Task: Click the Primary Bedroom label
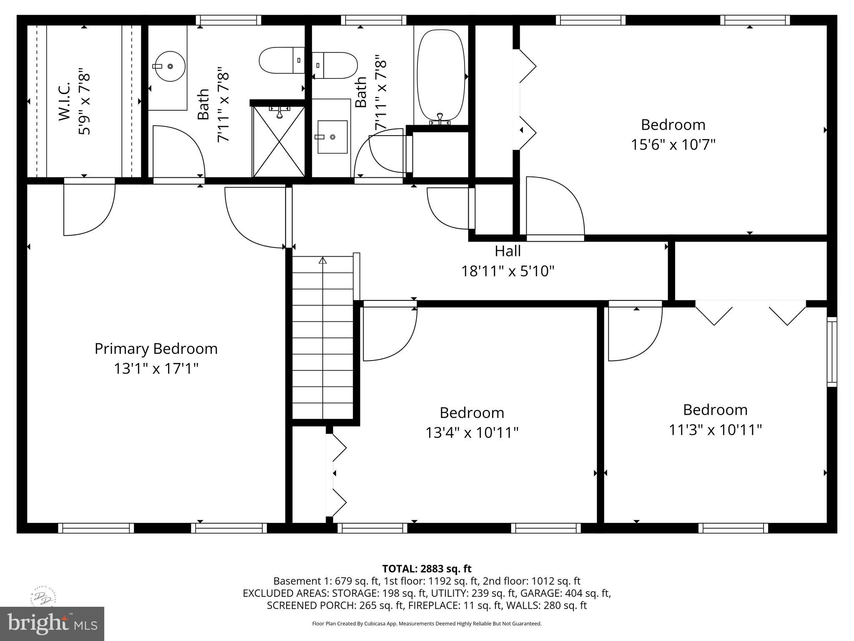click(x=156, y=349)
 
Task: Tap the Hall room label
click(x=507, y=251)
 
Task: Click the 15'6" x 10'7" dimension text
click(x=673, y=145)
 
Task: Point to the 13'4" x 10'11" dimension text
click(x=472, y=433)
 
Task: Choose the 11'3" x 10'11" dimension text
click(x=715, y=430)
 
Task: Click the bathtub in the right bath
click(x=441, y=75)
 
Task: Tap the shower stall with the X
click(x=279, y=141)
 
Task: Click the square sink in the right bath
click(x=332, y=137)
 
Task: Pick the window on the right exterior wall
click(x=832, y=352)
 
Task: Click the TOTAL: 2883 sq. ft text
click(x=427, y=568)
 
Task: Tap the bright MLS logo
click(x=52, y=623)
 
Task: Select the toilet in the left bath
click(x=282, y=61)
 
